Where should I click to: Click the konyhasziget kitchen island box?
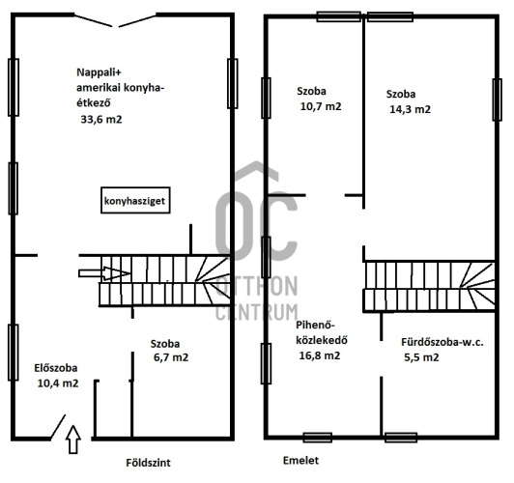(135, 200)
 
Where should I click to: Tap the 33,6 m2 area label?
(101, 119)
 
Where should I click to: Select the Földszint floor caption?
(148, 463)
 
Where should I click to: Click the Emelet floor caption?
(300, 461)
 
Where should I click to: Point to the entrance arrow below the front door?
(73, 440)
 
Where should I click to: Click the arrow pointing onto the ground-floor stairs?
(104, 273)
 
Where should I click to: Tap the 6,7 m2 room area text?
(171, 357)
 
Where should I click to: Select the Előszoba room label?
(56, 368)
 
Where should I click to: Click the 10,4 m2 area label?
(58, 384)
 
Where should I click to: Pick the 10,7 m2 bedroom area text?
(321, 106)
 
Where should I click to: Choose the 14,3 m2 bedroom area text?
(410, 109)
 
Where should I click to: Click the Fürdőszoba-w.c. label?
(443, 342)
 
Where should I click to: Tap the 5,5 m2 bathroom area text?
(421, 357)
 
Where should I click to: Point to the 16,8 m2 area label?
(319, 355)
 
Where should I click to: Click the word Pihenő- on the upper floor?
(315, 326)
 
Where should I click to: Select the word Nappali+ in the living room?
(99, 72)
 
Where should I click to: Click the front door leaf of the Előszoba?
(58, 427)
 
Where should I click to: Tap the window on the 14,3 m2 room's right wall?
(497, 99)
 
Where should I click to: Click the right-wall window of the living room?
(233, 83)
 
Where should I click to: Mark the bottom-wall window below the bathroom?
(401, 438)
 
